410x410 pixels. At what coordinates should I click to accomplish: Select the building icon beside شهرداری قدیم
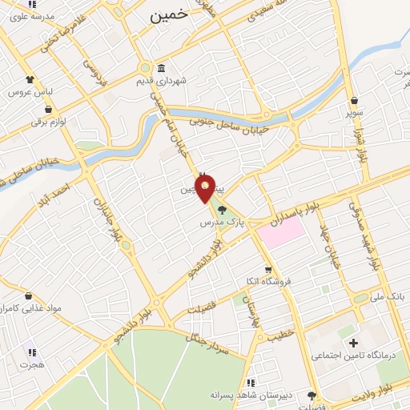coord(163,67)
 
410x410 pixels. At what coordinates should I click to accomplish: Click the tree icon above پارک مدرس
coord(223,209)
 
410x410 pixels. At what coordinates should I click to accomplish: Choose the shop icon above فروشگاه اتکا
coord(268,270)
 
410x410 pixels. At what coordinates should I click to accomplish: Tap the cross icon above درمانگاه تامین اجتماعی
coord(353,343)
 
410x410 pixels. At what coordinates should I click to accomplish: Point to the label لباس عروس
coord(26,92)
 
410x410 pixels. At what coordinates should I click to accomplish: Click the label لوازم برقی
coord(46,122)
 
